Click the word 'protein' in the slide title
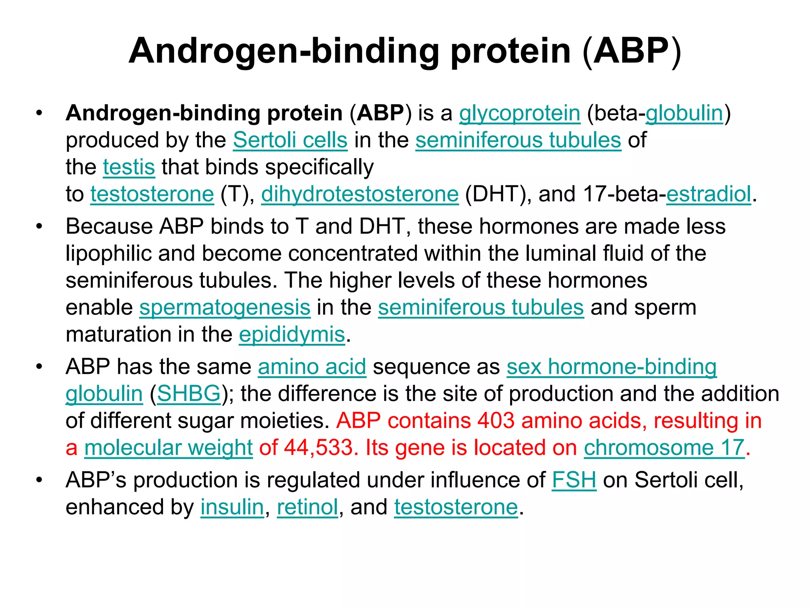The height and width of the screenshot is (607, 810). pyautogui.click(x=511, y=51)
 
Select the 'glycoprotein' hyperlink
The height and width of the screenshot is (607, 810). pyautogui.click(x=519, y=113)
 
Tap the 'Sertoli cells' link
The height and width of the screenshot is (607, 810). pyautogui.click(x=290, y=140)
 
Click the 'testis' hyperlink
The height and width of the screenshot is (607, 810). pyautogui.click(x=129, y=167)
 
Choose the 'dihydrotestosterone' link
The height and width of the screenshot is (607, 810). pyautogui.click(x=360, y=194)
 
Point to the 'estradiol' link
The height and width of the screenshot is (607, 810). pyautogui.click(x=708, y=194)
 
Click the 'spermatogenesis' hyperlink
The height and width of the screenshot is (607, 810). pyautogui.click(x=225, y=307)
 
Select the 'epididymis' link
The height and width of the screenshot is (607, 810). pyautogui.click(x=292, y=334)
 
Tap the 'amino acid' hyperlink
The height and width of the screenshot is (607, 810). pyautogui.click(x=312, y=367)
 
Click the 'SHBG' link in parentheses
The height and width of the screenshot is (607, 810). pyautogui.click(x=189, y=394)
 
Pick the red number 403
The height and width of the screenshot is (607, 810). pyautogui.click(x=496, y=420)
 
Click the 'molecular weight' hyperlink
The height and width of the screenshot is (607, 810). pyautogui.click(x=168, y=448)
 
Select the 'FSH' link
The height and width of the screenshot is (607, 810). pyautogui.click(x=574, y=480)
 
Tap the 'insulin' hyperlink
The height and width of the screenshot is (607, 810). pyautogui.click(x=232, y=507)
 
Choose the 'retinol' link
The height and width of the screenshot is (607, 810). pyautogui.click(x=307, y=507)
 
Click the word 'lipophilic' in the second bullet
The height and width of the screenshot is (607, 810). pyautogui.click(x=108, y=254)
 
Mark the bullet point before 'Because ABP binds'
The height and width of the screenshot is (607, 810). pyautogui.click(x=39, y=227)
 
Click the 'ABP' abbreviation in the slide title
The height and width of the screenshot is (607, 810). pyautogui.click(x=631, y=51)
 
